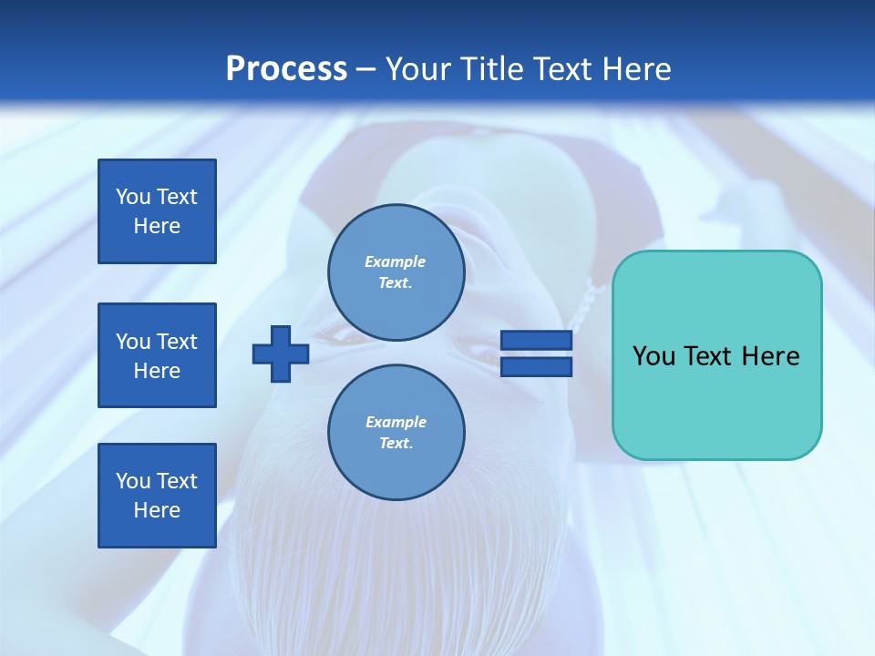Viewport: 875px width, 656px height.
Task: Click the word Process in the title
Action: point(286,69)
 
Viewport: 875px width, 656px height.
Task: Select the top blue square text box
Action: point(157,211)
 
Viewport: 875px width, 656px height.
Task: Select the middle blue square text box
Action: point(157,355)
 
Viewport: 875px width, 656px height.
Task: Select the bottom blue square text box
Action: point(157,496)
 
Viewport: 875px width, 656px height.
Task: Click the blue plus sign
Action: point(281,354)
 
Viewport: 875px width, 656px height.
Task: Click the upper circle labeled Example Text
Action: point(396,272)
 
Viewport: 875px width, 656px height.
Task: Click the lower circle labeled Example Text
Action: point(396,433)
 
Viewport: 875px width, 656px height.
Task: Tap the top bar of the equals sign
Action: point(536,341)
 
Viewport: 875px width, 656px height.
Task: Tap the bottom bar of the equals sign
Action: point(536,366)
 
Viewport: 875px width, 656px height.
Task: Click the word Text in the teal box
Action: point(709,356)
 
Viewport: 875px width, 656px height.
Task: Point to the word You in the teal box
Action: point(654,356)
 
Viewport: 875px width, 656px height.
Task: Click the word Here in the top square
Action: point(157,226)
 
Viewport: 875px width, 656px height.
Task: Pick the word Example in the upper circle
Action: point(396,261)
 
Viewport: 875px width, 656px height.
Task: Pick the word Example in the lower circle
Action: point(396,422)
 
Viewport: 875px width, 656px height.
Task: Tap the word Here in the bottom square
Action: point(157,510)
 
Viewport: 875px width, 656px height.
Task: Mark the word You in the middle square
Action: point(133,342)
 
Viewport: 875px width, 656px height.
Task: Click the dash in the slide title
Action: point(365,70)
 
